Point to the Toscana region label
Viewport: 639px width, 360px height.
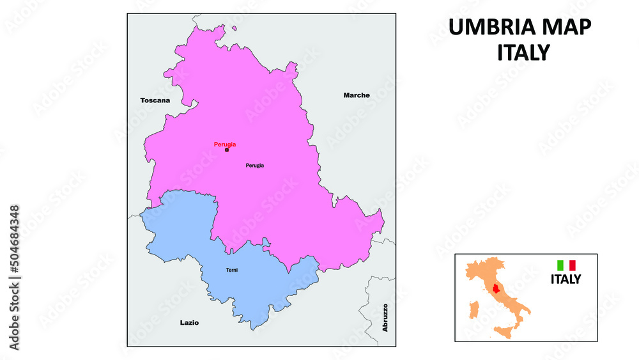[155, 100]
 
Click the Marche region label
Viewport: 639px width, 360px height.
[357, 95]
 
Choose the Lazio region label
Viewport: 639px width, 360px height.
[189, 323]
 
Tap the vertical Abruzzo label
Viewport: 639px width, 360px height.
[385, 317]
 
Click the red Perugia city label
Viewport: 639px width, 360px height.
[225, 144]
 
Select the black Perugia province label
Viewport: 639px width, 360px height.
[255, 166]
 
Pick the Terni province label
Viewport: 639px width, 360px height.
[232, 270]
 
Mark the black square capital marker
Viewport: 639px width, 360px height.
[226, 150]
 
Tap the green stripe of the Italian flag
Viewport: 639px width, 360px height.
[560, 265]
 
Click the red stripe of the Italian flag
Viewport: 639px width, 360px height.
[573, 265]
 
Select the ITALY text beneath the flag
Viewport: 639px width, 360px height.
[566, 279]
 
